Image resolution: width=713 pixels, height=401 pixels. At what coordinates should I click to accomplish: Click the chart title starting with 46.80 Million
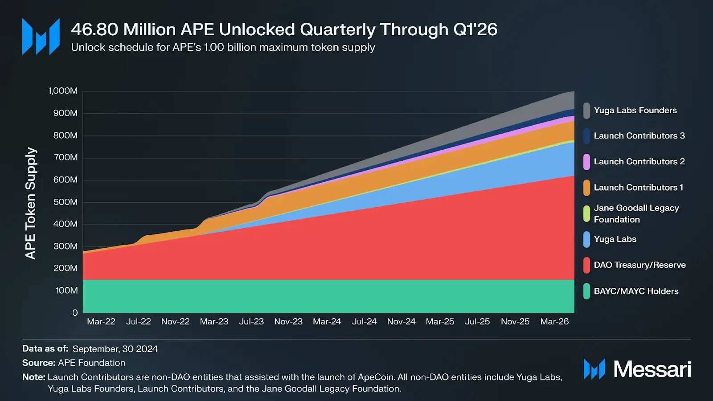point(284,29)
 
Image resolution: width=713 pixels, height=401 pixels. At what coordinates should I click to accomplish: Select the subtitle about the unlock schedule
point(223,47)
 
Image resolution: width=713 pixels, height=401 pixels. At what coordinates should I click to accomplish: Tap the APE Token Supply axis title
point(30,203)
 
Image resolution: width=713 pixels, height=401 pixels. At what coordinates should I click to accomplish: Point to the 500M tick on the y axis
point(65,202)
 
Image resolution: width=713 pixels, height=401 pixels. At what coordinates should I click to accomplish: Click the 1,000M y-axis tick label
point(63,91)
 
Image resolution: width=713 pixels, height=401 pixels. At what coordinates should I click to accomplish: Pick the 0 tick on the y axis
point(75,313)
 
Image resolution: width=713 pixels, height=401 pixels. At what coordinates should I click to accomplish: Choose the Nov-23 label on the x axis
point(288,322)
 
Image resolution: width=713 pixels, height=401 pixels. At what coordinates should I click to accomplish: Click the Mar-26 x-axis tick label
point(554,322)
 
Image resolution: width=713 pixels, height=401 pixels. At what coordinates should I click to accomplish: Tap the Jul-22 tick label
point(138,322)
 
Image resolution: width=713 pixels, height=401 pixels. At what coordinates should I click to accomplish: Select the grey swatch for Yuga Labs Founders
point(586,110)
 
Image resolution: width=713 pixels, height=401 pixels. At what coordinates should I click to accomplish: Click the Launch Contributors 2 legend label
point(639,162)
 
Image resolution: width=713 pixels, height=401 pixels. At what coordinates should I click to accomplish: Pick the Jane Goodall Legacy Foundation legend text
point(636,213)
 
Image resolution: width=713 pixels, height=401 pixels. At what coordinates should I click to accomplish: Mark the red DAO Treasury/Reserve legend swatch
point(586,265)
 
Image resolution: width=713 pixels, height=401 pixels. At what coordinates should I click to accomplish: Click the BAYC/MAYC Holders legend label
point(636,291)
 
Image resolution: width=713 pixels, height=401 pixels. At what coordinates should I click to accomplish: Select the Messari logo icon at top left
point(41,37)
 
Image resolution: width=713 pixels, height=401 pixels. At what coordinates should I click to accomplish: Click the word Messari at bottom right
point(652,369)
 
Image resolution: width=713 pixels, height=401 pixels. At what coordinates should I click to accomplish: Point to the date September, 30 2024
point(115,349)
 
